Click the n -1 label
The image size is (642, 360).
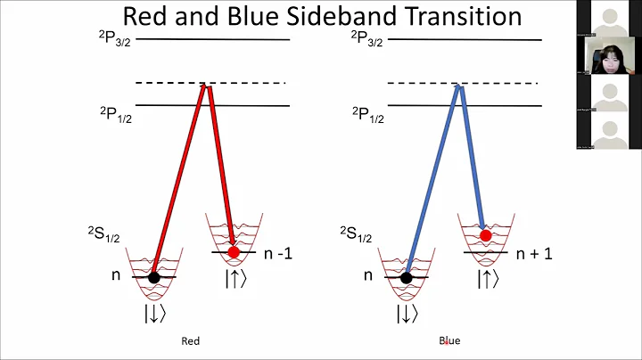tap(279, 253)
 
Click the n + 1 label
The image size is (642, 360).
tap(535, 253)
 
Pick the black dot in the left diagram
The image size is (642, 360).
tap(154, 277)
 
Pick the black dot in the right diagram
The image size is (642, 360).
tap(407, 277)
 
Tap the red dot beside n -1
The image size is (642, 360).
tap(234, 252)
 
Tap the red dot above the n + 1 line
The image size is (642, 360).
tap(485, 236)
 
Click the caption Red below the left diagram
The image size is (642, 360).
tap(190, 340)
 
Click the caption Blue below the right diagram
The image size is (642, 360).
tap(449, 340)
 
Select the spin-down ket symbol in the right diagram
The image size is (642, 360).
tap(407, 313)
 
